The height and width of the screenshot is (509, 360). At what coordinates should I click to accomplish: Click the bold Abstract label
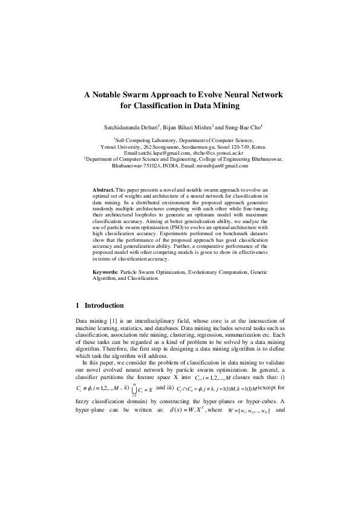click(x=103, y=190)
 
